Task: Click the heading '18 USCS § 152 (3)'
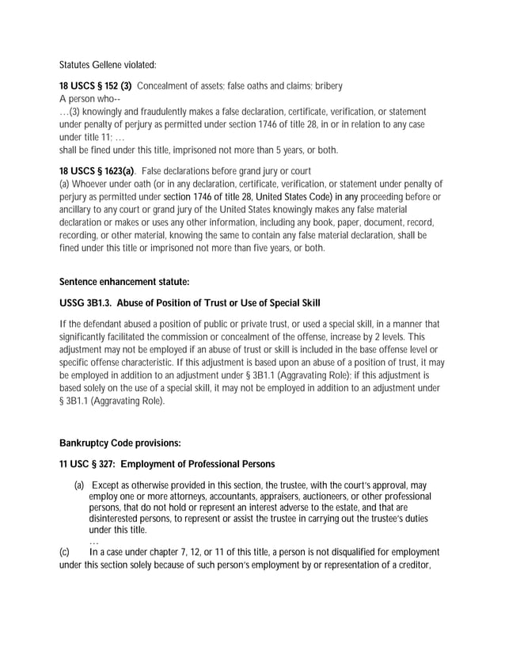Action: point(96,86)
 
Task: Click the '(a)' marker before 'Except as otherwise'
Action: point(79,485)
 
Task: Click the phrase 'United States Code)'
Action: point(297,196)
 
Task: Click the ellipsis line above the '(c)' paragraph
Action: point(93,542)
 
